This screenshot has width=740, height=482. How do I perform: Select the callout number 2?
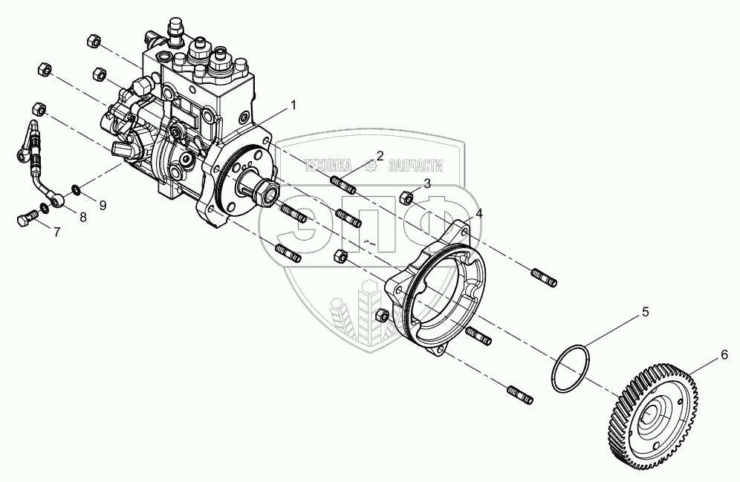(x=379, y=155)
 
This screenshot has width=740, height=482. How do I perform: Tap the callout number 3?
(x=426, y=183)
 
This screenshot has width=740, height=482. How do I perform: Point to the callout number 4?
(x=479, y=213)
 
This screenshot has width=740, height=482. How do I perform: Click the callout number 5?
(x=645, y=312)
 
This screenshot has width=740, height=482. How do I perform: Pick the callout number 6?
(x=723, y=356)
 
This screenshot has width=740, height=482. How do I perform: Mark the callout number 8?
(x=82, y=218)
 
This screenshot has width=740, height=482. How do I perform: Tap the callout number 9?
(x=103, y=203)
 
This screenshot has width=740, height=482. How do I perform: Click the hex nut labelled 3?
(x=406, y=197)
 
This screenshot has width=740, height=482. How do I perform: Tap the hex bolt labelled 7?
(x=25, y=219)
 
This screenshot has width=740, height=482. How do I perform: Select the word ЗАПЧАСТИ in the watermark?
(x=412, y=167)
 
